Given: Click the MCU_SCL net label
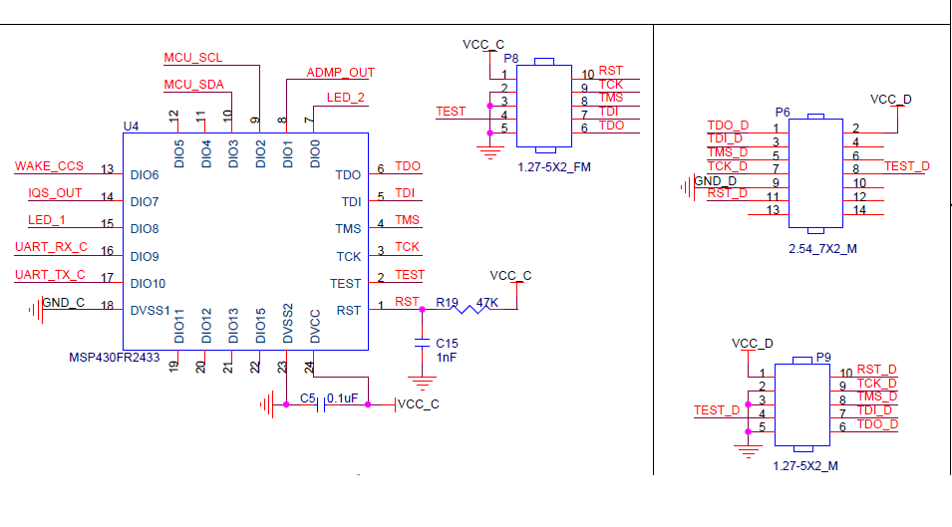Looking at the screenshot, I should [x=192, y=58].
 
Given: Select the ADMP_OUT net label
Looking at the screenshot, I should [x=340, y=73].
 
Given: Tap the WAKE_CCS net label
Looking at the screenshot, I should [x=49, y=165].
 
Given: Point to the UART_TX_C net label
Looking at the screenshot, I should [x=51, y=275].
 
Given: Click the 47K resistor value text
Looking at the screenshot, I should [x=487, y=302].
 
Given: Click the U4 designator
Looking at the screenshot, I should [x=131, y=126].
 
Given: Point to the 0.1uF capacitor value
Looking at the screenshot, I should [x=342, y=397].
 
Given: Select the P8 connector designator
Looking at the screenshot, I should [x=510, y=59].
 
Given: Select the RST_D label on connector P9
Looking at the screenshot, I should [x=876, y=370].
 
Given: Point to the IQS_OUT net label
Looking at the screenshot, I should [x=55, y=193].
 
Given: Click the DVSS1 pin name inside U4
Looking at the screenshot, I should [x=151, y=311].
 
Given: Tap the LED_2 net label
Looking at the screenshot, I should [x=345, y=98].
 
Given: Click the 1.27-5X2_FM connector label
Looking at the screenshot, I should [x=554, y=167].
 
